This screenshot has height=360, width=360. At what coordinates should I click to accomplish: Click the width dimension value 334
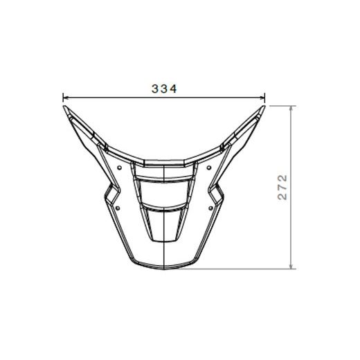click(x=165, y=89)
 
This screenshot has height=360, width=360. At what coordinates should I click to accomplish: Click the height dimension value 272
click(x=282, y=187)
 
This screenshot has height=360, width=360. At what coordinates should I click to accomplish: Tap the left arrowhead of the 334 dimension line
click(x=65, y=98)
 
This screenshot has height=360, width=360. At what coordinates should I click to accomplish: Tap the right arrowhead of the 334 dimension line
click(x=264, y=98)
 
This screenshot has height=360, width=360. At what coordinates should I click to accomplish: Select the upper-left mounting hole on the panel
click(x=120, y=167)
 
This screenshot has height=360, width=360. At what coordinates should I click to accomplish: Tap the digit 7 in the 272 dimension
click(x=282, y=187)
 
